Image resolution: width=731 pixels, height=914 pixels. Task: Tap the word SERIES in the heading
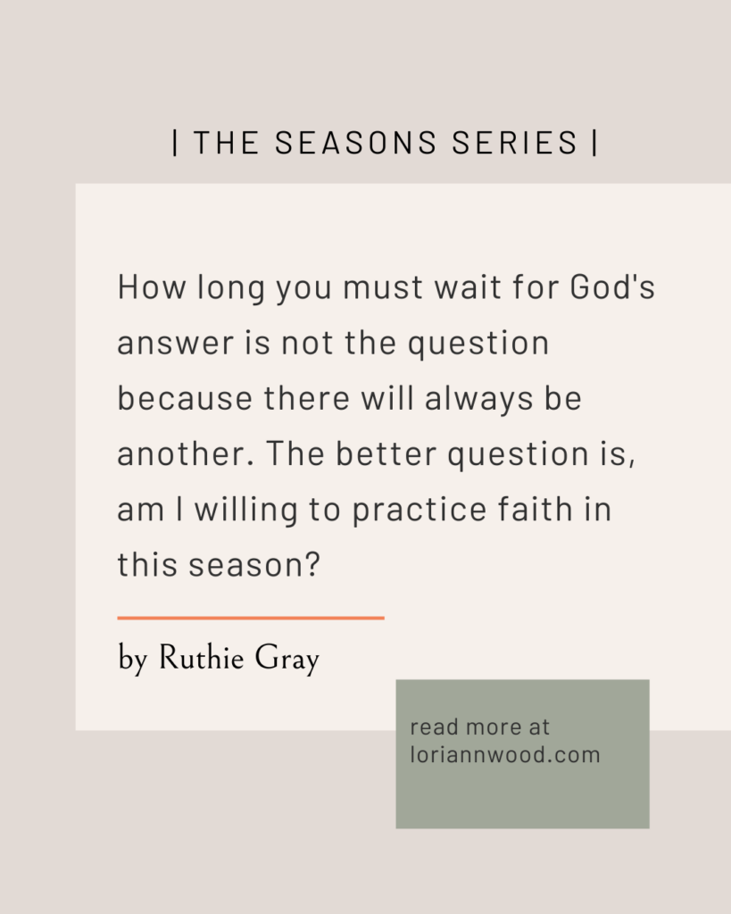(x=514, y=143)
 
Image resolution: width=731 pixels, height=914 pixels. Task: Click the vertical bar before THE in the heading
(x=176, y=143)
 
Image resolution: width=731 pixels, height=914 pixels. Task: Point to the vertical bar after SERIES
(x=594, y=143)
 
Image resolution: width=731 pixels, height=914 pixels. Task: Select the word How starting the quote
(x=152, y=287)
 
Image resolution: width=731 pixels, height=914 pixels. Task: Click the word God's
(x=612, y=287)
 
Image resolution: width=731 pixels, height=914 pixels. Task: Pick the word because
(x=185, y=398)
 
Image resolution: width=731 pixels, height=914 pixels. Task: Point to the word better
(x=386, y=453)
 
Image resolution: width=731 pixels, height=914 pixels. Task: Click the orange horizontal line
(x=251, y=618)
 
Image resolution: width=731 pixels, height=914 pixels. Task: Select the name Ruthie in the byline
(x=201, y=658)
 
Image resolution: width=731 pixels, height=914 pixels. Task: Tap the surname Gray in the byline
(x=287, y=660)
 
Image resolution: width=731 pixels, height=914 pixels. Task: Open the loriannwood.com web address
(x=505, y=754)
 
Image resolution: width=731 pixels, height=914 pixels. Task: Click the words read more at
(x=480, y=727)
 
